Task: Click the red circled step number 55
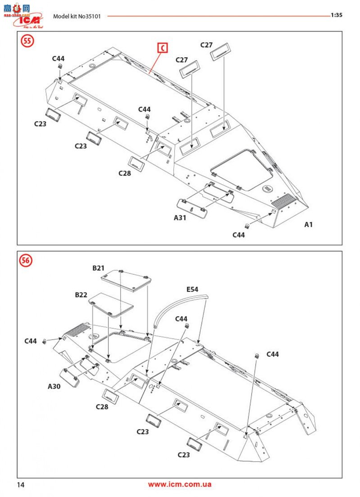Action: pyautogui.click(x=27, y=41)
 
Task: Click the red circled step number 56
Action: pyautogui.click(x=26, y=261)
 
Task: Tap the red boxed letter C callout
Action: pyautogui.click(x=162, y=48)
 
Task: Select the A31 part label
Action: pyautogui.click(x=180, y=218)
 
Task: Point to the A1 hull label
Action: pyautogui.click(x=308, y=224)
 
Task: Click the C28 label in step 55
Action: pyautogui.click(x=125, y=173)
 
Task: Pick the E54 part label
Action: pyautogui.click(x=192, y=289)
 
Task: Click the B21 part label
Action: pyautogui.click(x=98, y=268)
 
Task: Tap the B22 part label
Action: pyautogui.click(x=81, y=295)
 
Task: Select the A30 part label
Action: pyautogui.click(x=54, y=386)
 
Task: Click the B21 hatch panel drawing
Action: pyautogui.click(x=126, y=280)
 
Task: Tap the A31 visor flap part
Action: pyautogui.click(x=192, y=208)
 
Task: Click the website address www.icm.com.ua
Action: pyautogui.click(x=180, y=484)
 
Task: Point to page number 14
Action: pyautogui.click(x=21, y=485)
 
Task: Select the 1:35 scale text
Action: pyautogui.click(x=337, y=15)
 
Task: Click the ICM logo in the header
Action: pyautogui.click(x=28, y=20)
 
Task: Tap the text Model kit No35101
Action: pyautogui.click(x=76, y=16)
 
